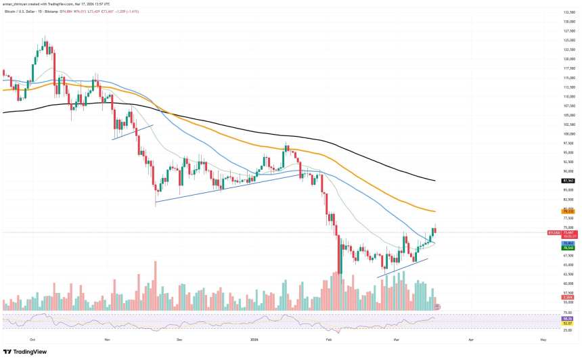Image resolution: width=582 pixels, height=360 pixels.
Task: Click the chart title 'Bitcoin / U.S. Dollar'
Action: point(20,10)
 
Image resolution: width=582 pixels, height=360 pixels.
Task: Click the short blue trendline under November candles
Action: point(133,131)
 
